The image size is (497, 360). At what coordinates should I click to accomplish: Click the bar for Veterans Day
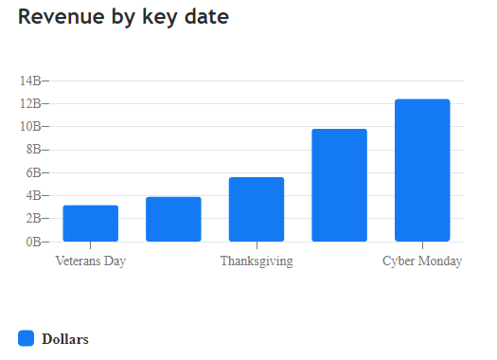point(91,224)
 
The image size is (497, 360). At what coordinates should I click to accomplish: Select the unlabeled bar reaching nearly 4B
point(173,219)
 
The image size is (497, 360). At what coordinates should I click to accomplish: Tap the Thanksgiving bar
point(257,209)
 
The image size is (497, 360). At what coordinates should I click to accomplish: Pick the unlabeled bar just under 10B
point(339,186)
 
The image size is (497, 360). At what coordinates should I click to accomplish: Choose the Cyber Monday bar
point(422,171)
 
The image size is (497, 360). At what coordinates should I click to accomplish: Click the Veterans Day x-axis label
point(91,261)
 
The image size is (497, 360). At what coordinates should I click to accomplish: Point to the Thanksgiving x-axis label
point(257,261)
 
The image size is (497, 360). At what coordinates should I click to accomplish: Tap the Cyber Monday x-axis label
point(422,261)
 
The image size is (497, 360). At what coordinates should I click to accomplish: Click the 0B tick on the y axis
point(33,242)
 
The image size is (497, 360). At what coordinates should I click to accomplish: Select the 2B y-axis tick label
point(33,219)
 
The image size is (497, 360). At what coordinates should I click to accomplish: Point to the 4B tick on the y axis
point(33,195)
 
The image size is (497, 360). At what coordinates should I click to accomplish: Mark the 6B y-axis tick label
point(33,172)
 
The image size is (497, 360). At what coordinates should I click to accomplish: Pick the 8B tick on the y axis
point(33,150)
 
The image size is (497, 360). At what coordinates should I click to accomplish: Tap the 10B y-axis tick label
point(30,126)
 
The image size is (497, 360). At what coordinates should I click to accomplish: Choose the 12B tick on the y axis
point(30,103)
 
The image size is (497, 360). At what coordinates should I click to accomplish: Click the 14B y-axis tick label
point(30,81)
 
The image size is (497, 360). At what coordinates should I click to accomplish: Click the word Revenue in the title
point(59,17)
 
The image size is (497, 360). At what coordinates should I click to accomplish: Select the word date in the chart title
point(205,17)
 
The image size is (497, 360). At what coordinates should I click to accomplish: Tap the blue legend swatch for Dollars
point(27,338)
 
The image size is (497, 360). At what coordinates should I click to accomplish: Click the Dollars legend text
point(65,339)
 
